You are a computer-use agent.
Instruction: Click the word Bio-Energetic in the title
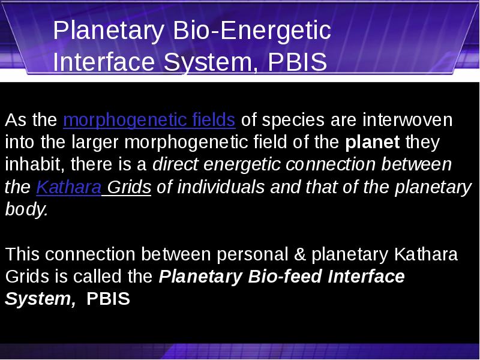tap(252, 31)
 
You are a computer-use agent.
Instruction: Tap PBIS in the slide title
tap(297, 62)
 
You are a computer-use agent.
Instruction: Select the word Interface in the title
tap(104, 62)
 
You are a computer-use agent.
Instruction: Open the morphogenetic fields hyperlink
tap(149, 121)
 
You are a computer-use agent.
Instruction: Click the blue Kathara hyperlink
tap(68, 187)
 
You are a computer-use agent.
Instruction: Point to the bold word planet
tap(372, 142)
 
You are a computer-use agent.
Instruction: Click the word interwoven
tap(407, 119)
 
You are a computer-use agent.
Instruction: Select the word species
tap(293, 121)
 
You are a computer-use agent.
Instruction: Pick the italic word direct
tap(175, 164)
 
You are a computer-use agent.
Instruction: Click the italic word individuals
tap(221, 187)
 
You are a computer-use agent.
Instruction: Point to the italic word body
tap(26, 209)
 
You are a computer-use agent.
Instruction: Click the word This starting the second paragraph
tap(22, 254)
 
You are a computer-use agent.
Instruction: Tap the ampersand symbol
tap(299, 254)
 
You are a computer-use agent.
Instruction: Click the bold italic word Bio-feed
tap(284, 277)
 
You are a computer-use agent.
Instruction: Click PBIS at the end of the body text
tap(108, 299)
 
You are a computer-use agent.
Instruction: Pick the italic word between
tap(416, 164)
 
